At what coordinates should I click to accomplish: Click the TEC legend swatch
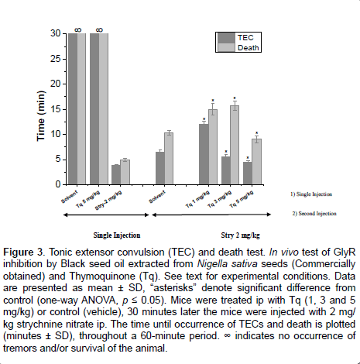pos(226,38)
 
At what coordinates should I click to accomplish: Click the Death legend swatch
pos(226,47)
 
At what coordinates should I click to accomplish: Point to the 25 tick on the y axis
pos(65,59)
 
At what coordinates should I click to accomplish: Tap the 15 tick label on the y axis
pos(56,109)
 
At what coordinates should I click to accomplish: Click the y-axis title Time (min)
pos(41,116)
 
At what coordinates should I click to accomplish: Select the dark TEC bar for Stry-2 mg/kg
pos(116,174)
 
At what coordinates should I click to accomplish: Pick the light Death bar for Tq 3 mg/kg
pos(235,145)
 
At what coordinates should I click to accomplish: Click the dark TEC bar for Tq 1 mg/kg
pos(204,154)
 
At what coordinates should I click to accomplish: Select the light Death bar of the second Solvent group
pos(169,159)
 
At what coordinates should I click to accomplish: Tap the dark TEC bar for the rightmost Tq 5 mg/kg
pos(248,173)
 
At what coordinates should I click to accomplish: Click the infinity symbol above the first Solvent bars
pos(78,30)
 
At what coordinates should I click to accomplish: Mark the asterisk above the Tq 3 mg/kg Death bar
pos(235,98)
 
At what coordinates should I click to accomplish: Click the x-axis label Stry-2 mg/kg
pos(108,201)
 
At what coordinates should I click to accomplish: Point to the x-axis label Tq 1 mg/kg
pos(197,199)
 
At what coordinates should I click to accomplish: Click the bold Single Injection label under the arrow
pos(117,235)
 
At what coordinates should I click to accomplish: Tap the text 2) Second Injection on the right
pos(314,214)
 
